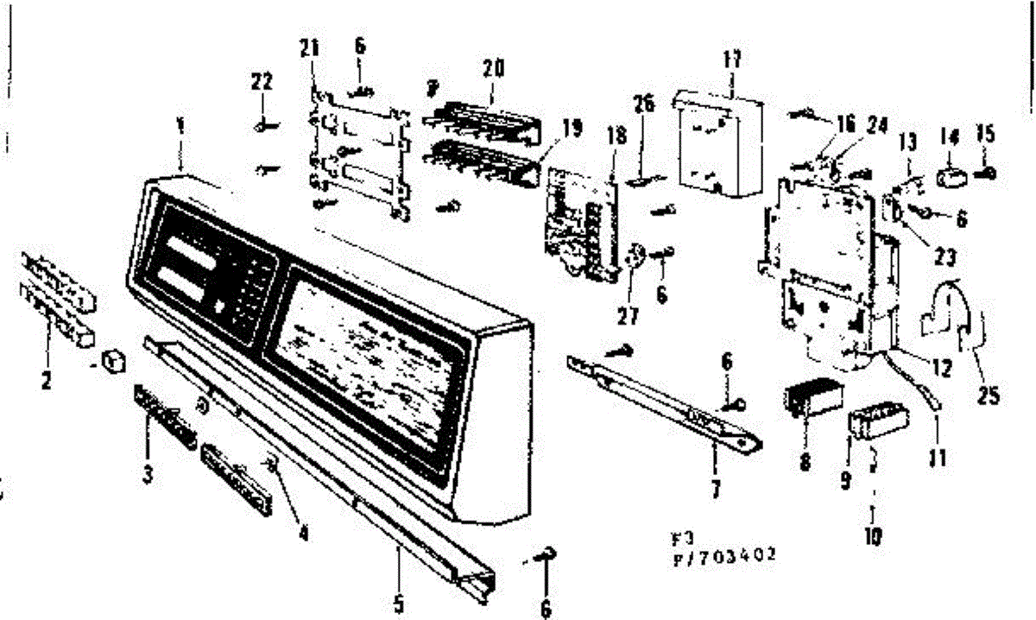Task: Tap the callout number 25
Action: pos(989,396)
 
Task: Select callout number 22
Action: pos(262,82)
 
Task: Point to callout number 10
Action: pos(872,536)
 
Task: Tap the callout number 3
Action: pos(148,473)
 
